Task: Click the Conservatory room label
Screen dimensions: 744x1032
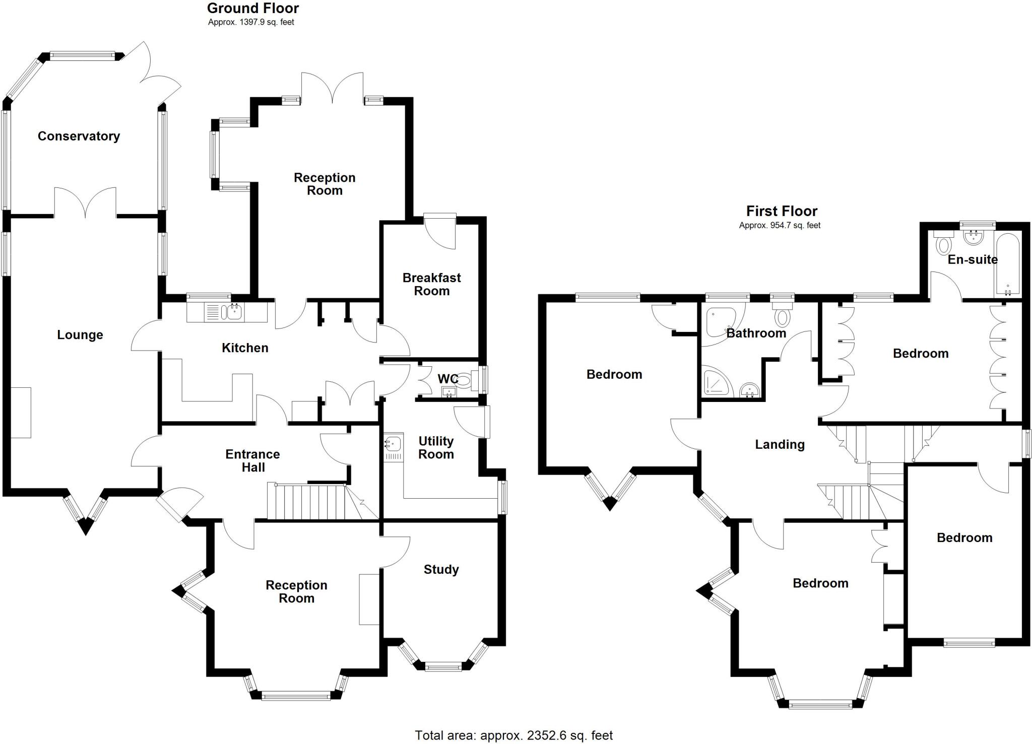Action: point(79,136)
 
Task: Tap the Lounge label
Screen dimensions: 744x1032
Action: point(80,335)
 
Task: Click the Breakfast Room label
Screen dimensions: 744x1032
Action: point(431,284)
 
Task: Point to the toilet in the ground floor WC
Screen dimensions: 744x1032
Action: point(465,379)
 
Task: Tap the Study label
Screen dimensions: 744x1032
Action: point(441,570)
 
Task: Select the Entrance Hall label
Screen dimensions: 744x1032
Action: point(253,460)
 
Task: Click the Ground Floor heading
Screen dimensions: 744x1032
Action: point(252,8)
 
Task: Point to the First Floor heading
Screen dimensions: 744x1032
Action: point(782,211)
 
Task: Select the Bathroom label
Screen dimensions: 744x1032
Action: point(756,333)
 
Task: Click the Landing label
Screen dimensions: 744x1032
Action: point(780,444)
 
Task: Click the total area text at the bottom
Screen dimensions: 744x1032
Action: point(513,735)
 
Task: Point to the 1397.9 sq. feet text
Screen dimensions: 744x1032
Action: point(251,22)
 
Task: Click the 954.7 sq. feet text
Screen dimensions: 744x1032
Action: point(780,226)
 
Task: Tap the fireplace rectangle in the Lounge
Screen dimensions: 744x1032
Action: point(21,413)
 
